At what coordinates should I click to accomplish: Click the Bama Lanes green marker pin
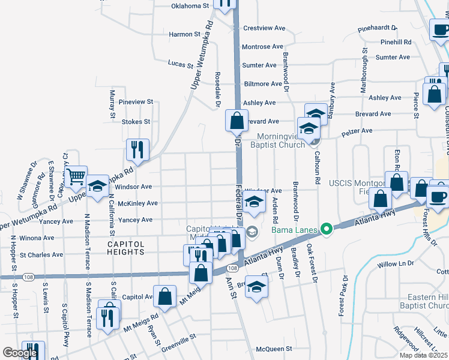click(x=326, y=229)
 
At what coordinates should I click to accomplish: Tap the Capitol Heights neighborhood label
click(x=126, y=248)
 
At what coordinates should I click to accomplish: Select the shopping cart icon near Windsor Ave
click(x=76, y=177)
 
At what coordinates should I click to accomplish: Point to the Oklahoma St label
click(x=190, y=6)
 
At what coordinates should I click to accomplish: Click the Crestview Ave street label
click(x=263, y=28)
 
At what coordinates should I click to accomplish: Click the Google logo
click(x=20, y=353)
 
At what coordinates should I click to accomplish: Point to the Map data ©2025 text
click(x=423, y=355)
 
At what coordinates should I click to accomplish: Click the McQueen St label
click(x=274, y=348)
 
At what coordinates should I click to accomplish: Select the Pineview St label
click(x=136, y=103)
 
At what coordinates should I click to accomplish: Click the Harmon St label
click(x=184, y=35)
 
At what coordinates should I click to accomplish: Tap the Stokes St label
click(x=136, y=122)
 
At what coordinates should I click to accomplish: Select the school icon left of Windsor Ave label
click(x=97, y=185)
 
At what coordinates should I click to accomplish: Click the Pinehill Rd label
click(x=396, y=43)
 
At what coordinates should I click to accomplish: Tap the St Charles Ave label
click(x=41, y=254)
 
